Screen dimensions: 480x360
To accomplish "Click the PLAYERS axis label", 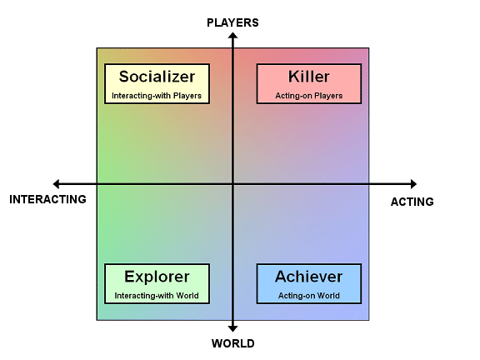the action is [232, 22].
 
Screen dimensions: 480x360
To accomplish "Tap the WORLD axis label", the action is [233, 343].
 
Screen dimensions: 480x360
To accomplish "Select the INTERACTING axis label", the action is [47, 199].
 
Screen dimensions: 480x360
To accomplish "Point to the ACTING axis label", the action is [412, 202].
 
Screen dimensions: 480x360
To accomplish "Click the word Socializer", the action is [157, 77].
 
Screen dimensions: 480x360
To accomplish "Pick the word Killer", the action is [309, 77].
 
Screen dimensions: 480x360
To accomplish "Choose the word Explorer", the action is [157, 277].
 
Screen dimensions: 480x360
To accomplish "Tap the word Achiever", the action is [309, 277].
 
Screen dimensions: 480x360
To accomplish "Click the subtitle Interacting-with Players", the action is [157, 96].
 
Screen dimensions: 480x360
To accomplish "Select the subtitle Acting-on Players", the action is [309, 96].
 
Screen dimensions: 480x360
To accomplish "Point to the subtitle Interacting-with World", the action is [157, 296].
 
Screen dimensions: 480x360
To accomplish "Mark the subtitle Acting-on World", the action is [309, 296].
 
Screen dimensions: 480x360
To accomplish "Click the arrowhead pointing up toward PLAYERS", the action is [232, 36].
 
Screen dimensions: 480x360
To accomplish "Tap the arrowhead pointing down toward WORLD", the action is [232, 328].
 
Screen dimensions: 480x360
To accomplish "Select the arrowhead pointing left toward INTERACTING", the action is [56, 184].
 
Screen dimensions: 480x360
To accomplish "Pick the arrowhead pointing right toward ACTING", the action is [413, 184].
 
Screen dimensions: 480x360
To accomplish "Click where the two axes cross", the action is [232, 184].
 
